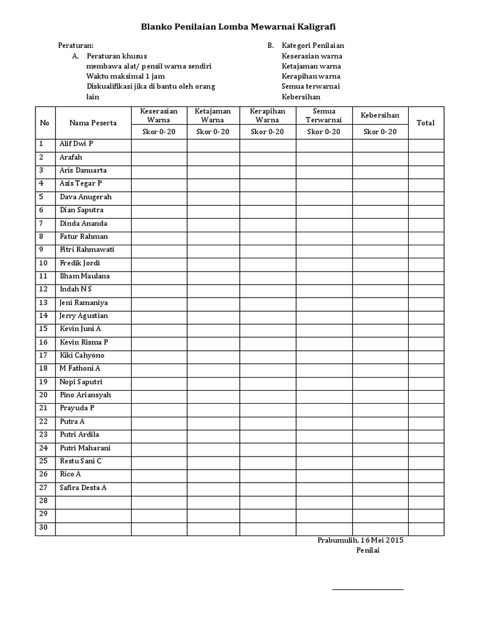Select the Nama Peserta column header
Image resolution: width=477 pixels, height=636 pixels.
(93, 123)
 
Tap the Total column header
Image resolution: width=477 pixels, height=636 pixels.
(425, 123)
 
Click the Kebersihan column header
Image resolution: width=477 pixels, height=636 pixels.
(380, 116)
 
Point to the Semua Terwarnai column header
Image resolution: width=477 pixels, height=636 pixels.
(324, 115)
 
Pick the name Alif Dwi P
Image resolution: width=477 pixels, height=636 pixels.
(76, 144)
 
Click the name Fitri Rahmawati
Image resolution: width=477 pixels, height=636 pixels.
(86, 250)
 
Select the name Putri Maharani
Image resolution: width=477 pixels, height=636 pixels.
(85, 448)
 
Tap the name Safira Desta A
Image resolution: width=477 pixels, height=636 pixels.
(83, 488)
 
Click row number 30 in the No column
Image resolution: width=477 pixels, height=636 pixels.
(43, 527)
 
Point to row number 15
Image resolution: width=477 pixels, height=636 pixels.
(43, 329)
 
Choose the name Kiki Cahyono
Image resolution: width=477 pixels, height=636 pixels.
(81, 355)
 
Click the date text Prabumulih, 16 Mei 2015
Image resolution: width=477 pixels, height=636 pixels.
(360, 540)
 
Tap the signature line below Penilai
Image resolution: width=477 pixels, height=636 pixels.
(367, 589)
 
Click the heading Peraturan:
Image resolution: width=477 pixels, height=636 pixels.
(76, 45)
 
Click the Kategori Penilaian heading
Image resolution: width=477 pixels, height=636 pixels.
(313, 45)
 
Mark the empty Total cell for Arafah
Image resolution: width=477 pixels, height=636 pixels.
(425, 158)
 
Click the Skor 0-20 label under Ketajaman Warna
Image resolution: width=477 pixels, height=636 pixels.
(213, 132)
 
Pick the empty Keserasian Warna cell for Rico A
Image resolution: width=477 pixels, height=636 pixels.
(159, 475)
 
